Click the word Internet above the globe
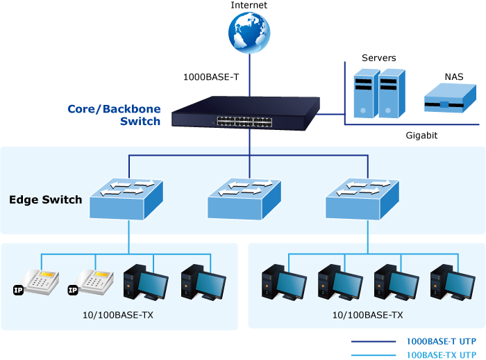click(249, 6)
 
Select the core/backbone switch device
click(249, 114)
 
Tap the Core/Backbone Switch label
click(114, 115)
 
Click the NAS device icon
click(444, 99)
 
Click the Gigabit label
click(421, 136)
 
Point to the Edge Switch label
click(45, 200)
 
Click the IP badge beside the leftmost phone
click(18, 289)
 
